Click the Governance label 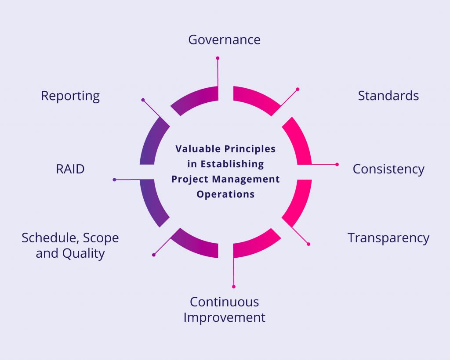pos(224,40)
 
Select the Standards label pos(388,96)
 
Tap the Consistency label pos(388,169)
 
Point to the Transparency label pos(388,238)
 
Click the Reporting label pos(70,96)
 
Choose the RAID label pos(70,169)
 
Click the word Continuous pos(224,302)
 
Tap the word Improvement pos(224,317)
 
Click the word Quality pos(83,254)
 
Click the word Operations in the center pos(225,194)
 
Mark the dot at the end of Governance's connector pos(218,58)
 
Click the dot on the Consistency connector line pos(337,165)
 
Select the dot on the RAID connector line pos(114,180)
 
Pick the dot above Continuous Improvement pos(234,287)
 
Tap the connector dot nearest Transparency pos(308,244)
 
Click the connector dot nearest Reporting pos(143,100)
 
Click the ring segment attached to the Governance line pos(196,99)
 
